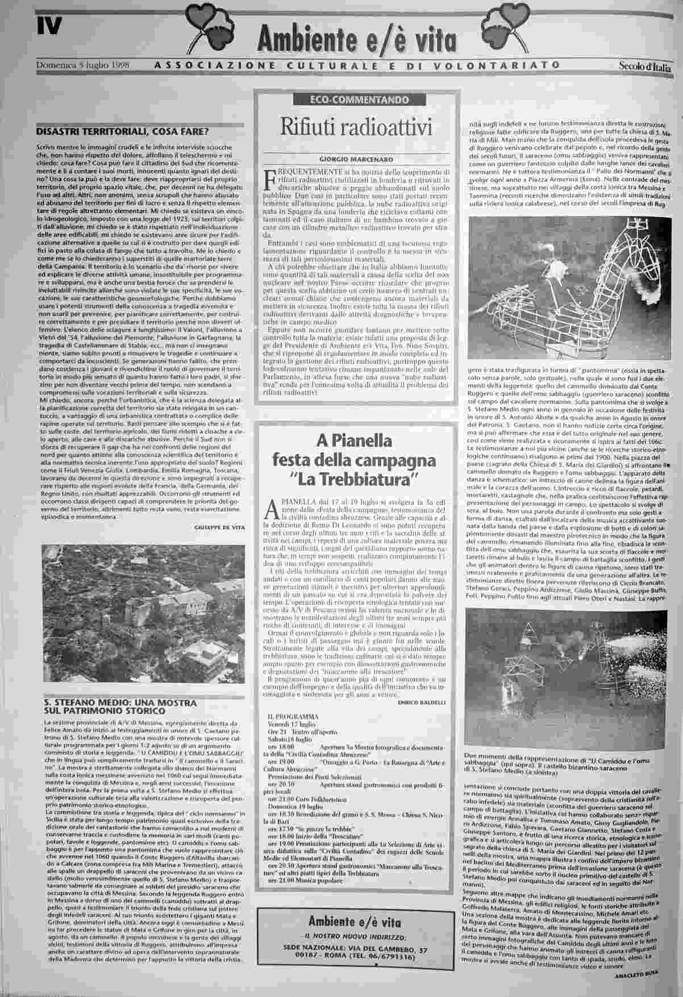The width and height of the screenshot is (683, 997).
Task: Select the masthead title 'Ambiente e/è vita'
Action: coord(356,39)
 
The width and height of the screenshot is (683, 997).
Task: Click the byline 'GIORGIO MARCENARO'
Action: coord(356,160)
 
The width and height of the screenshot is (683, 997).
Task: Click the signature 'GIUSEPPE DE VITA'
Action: coord(219,527)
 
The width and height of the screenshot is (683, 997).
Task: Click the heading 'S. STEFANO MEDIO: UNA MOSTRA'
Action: coord(120,703)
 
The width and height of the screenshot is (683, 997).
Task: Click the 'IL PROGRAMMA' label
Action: coord(294,717)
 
